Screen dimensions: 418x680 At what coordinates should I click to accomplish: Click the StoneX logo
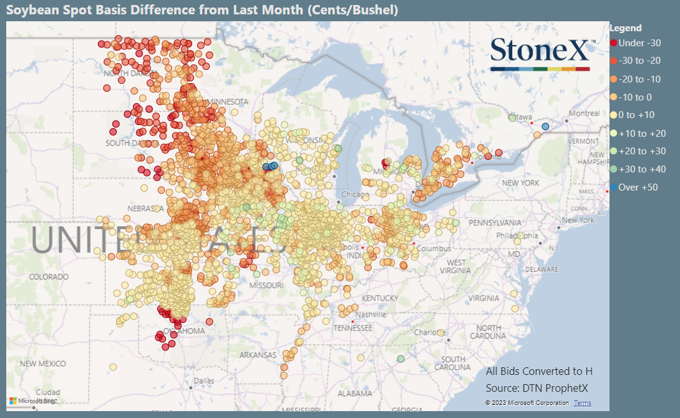tap(540, 53)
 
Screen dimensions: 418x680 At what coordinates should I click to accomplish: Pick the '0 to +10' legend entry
tap(634, 115)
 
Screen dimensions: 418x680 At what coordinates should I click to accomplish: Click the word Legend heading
tap(626, 28)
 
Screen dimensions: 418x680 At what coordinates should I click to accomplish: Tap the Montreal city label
tap(583, 114)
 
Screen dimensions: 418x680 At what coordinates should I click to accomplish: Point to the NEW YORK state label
tap(521, 183)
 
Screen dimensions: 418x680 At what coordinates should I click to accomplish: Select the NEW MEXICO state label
tap(42, 364)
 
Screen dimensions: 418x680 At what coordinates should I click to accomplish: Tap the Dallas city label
tap(203, 381)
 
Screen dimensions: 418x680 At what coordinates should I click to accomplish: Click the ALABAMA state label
tap(354, 394)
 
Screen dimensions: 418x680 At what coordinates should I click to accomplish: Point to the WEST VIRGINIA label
tap(456, 267)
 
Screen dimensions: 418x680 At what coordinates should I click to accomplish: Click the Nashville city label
tap(372, 314)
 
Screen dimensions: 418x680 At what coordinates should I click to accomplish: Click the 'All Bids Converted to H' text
tap(539, 372)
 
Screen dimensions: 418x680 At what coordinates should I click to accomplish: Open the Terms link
tap(582, 403)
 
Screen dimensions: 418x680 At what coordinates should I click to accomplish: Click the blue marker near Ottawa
tap(546, 127)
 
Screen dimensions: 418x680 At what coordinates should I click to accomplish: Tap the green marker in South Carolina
tap(401, 359)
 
